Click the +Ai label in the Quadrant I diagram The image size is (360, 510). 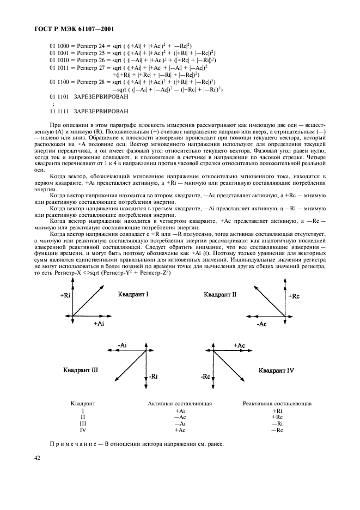tap(99, 323)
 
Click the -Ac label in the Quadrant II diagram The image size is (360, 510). tap(261, 324)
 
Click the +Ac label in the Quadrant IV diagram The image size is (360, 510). tap(239, 345)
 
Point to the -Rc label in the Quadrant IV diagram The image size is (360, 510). tap(206, 377)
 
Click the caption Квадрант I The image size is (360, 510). tap(133, 294)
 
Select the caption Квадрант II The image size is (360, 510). tap(220, 294)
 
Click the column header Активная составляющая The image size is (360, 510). tap(180, 404)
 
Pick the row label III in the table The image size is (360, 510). tap(83, 423)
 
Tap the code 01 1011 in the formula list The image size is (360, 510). tap(60, 67)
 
